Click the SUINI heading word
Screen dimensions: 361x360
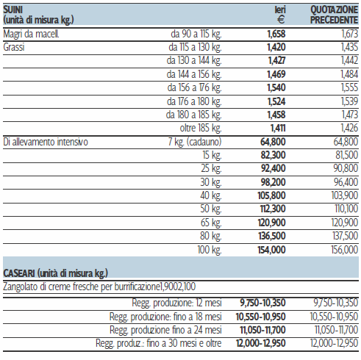(13, 10)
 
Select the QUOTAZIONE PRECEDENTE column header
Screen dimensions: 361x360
(334, 15)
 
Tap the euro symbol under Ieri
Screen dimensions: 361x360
(281, 20)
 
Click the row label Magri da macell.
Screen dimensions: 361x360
(31, 34)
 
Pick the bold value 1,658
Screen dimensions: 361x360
(276, 34)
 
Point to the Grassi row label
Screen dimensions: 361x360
(14, 47)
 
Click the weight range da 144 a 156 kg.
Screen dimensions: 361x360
(194, 74)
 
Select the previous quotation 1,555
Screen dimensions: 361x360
(349, 87)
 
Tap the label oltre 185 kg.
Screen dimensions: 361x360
(201, 128)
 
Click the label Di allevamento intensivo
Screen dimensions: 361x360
(46, 142)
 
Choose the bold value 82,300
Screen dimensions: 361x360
(274, 155)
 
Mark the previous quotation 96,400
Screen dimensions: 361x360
(346, 182)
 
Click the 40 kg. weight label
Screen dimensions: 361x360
(211, 195)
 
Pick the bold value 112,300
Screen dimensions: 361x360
(273, 209)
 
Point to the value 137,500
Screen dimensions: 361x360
(346, 236)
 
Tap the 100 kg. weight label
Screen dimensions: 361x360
(210, 250)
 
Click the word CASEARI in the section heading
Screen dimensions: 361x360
(19, 273)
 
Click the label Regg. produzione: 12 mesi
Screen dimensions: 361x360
(176, 303)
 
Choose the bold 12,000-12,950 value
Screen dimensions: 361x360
(261, 343)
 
